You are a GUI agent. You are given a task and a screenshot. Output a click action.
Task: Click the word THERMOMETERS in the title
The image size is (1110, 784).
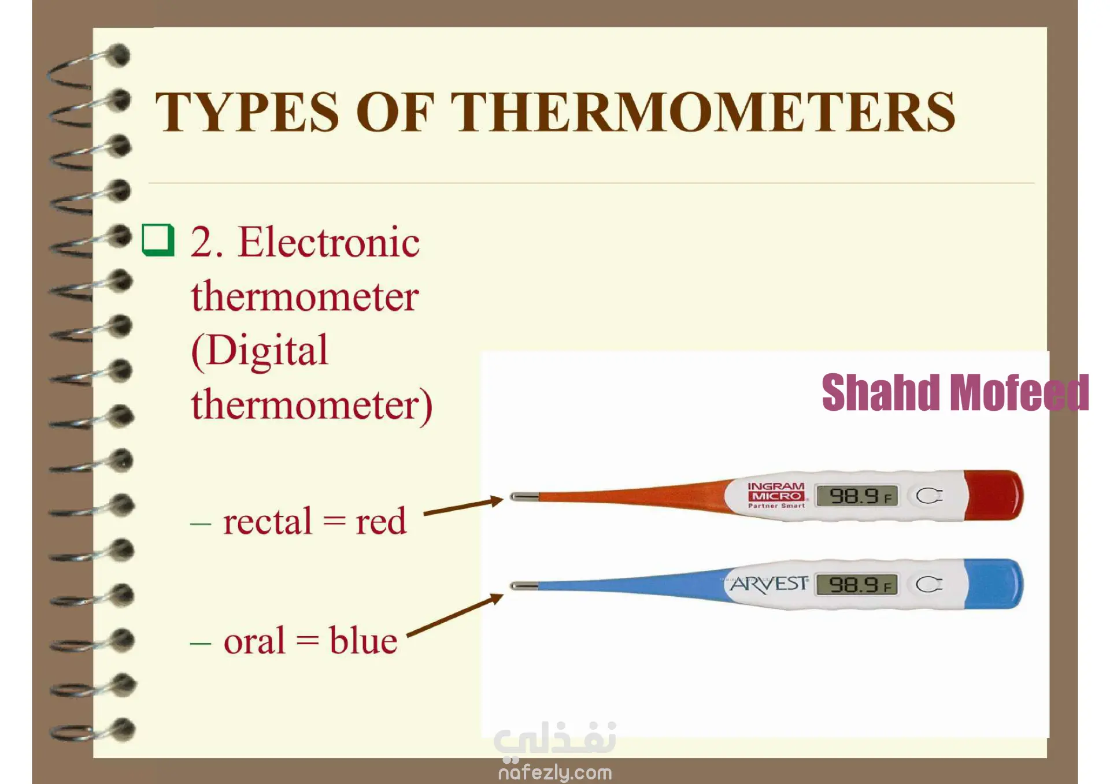point(703,112)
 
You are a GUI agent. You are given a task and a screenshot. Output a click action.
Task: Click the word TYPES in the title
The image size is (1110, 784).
point(247,112)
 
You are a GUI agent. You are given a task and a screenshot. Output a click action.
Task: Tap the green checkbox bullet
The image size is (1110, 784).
point(158,240)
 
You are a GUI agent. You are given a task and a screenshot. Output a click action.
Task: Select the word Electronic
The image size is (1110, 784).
point(329,242)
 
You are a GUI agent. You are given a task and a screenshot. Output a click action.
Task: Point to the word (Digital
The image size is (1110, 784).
point(260,351)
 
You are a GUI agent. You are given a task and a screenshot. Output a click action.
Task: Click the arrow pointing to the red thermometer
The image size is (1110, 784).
point(464,506)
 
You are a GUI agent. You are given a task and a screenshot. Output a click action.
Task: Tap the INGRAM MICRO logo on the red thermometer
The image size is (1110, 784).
point(776,495)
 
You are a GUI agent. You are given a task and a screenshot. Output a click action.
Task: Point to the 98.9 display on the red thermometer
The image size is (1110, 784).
point(857,496)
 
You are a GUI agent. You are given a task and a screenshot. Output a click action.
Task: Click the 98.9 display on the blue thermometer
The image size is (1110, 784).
point(857,585)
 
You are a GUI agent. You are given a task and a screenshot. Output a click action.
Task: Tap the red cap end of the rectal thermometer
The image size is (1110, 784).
point(993,495)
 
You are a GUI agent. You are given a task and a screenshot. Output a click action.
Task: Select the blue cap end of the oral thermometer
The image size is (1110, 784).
point(993,584)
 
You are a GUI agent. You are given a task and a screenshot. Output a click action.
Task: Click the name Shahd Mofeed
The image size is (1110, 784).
point(955,392)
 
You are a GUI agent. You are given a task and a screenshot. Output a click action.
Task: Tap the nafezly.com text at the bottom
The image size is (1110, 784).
point(555,772)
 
